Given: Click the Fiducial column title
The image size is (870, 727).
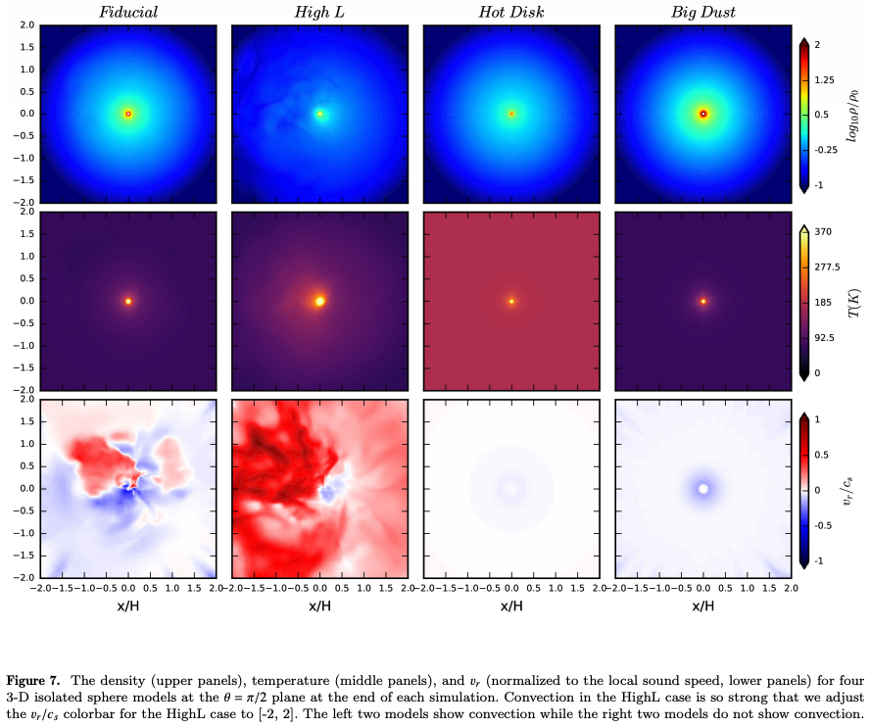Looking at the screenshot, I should click(127, 12).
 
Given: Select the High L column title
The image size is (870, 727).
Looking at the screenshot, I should click(319, 12).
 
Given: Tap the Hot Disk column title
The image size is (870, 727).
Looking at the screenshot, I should click(510, 12).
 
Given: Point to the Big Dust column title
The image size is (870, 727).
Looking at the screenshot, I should click(702, 12).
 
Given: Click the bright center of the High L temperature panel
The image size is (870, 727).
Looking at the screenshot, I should click(320, 301).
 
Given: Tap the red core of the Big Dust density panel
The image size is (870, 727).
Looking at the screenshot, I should click(702, 114).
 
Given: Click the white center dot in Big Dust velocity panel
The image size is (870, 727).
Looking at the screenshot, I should click(702, 488).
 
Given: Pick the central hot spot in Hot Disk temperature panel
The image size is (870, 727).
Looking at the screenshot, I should click(511, 301).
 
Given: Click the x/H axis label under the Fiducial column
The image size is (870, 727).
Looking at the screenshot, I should click(127, 606).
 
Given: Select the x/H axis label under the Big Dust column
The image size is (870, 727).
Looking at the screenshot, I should click(702, 606).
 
